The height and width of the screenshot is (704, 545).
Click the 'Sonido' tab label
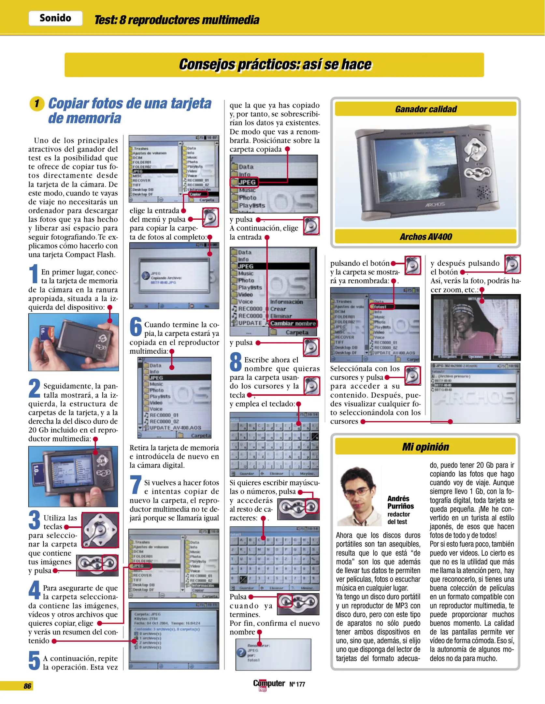(55, 18)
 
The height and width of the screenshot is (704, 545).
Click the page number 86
(27, 686)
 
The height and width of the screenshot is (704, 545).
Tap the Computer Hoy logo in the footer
(268, 684)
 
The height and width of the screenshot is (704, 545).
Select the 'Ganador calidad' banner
(425, 109)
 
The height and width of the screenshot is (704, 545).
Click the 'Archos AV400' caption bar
(425, 237)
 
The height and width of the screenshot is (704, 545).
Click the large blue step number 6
(136, 327)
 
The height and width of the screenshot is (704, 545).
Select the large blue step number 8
(236, 362)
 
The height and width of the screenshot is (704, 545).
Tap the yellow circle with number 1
(37, 104)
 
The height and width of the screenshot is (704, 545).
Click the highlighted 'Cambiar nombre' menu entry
(293, 323)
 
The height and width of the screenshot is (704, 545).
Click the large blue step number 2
(35, 389)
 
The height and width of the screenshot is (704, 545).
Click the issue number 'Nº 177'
(297, 684)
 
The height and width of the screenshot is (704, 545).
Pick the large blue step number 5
(34, 660)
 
